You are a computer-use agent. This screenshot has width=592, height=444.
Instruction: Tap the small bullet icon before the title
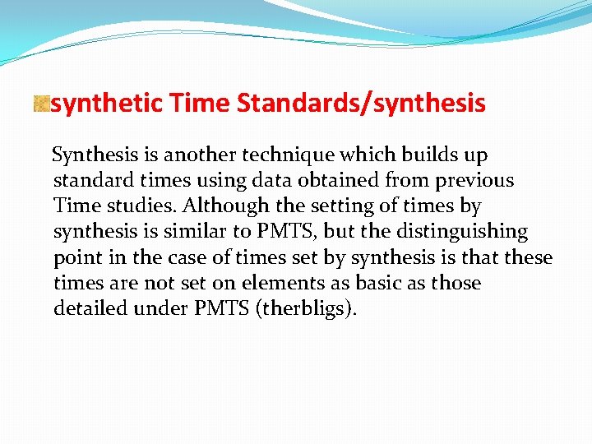tap(41, 104)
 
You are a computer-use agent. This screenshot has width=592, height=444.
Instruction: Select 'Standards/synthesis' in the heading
tap(361, 104)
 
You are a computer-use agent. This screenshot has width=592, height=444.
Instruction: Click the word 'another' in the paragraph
tap(201, 155)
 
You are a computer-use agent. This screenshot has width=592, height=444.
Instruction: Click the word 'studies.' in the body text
tap(133, 206)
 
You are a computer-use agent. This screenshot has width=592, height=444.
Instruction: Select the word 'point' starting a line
tap(76, 257)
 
